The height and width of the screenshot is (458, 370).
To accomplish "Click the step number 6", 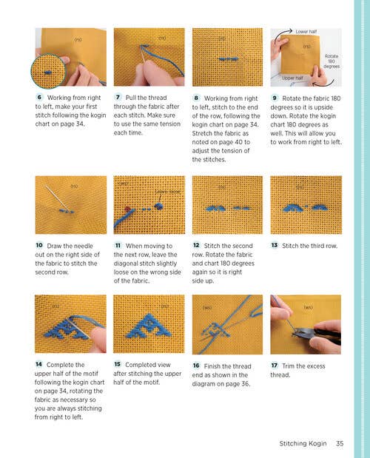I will coord(38,98).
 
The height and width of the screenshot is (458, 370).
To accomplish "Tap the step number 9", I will coord(275,98).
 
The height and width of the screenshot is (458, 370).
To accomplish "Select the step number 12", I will coord(196,246).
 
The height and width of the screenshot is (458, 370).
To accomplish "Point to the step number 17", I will coord(275,365).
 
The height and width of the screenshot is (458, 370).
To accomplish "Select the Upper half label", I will coord(291,77).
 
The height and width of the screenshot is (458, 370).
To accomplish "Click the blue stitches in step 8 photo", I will coord(225,57).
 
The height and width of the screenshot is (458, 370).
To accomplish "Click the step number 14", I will coord(38,365).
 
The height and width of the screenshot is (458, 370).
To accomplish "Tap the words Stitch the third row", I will coord(309,246).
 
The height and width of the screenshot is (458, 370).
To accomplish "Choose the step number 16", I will coord(196,365).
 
